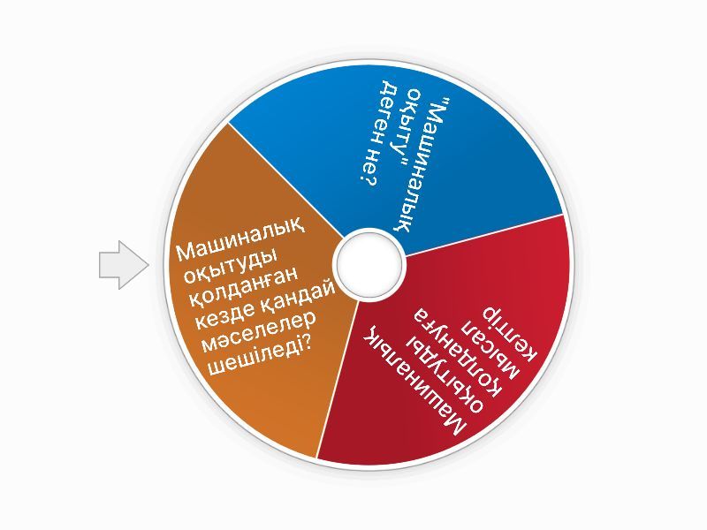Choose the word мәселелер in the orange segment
click(x=256, y=337)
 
